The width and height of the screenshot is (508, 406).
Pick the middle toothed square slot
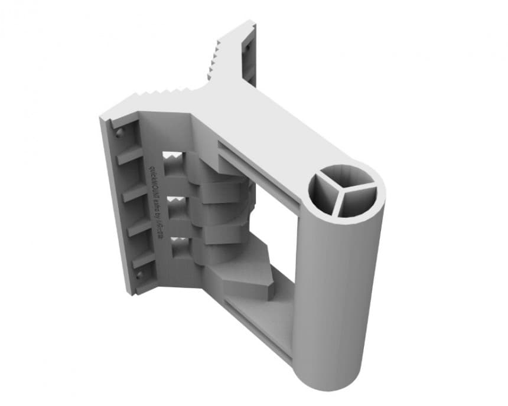175,207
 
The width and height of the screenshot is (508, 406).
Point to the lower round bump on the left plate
140,275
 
